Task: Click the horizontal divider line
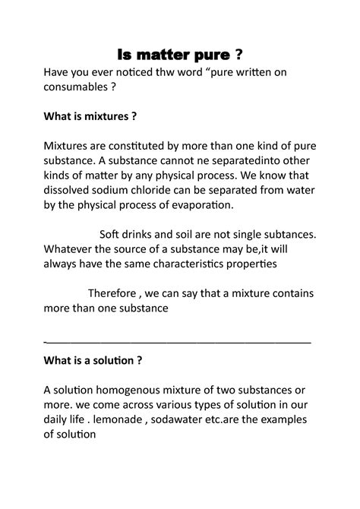178,343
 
